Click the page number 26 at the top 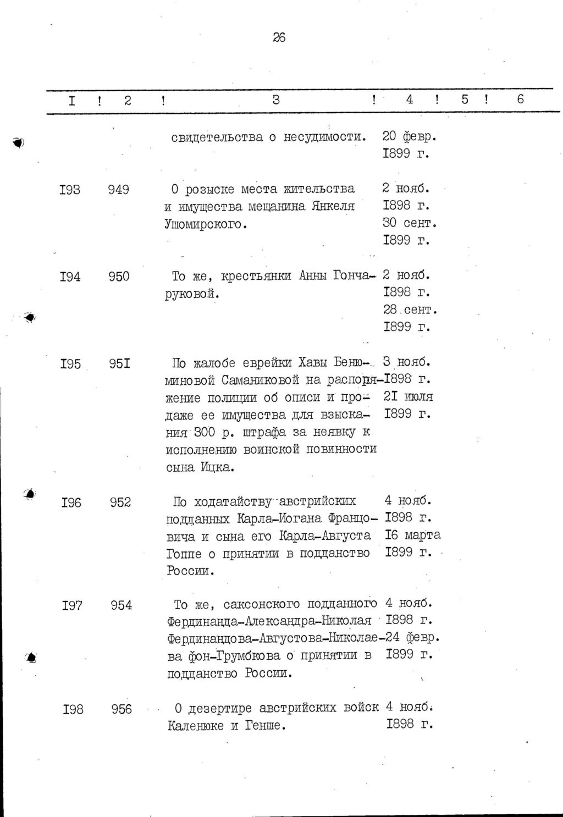click(x=279, y=38)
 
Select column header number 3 click(x=276, y=100)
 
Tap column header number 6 click(x=520, y=99)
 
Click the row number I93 click(x=69, y=190)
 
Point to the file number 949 click(x=119, y=190)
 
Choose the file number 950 click(x=119, y=277)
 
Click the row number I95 click(x=71, y=363)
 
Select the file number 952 click(x=120, y=502)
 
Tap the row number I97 click(x=72, y=606)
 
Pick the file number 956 click(x=122, y=709)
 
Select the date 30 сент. click(x=410, y=224)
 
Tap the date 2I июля click(x=409, y=397)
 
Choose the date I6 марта click(x=413, y=535)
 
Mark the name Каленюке click(x=196, y=726)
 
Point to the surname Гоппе click(x=184, y=553)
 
